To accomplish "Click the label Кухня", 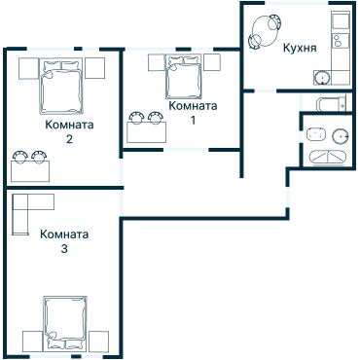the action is coord(300,49).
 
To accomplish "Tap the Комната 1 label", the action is coord(194,113).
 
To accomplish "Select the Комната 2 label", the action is coord(69,131).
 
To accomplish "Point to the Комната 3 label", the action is coord(64,241).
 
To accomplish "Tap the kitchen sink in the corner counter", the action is coord(322,78).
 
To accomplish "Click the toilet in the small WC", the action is coord(330,103).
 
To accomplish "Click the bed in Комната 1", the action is coord(184,77).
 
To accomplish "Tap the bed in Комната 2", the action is coord(61,86).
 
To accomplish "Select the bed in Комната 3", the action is coord(65,323).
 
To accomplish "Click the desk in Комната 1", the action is coord(146,132).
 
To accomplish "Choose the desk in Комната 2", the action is coord(30,171).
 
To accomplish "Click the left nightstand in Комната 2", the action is coord(28,68).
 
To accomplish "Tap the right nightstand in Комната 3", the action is coord(98,342).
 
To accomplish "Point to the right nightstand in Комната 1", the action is coord(212,62).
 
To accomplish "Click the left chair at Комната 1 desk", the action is coord(136,118).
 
